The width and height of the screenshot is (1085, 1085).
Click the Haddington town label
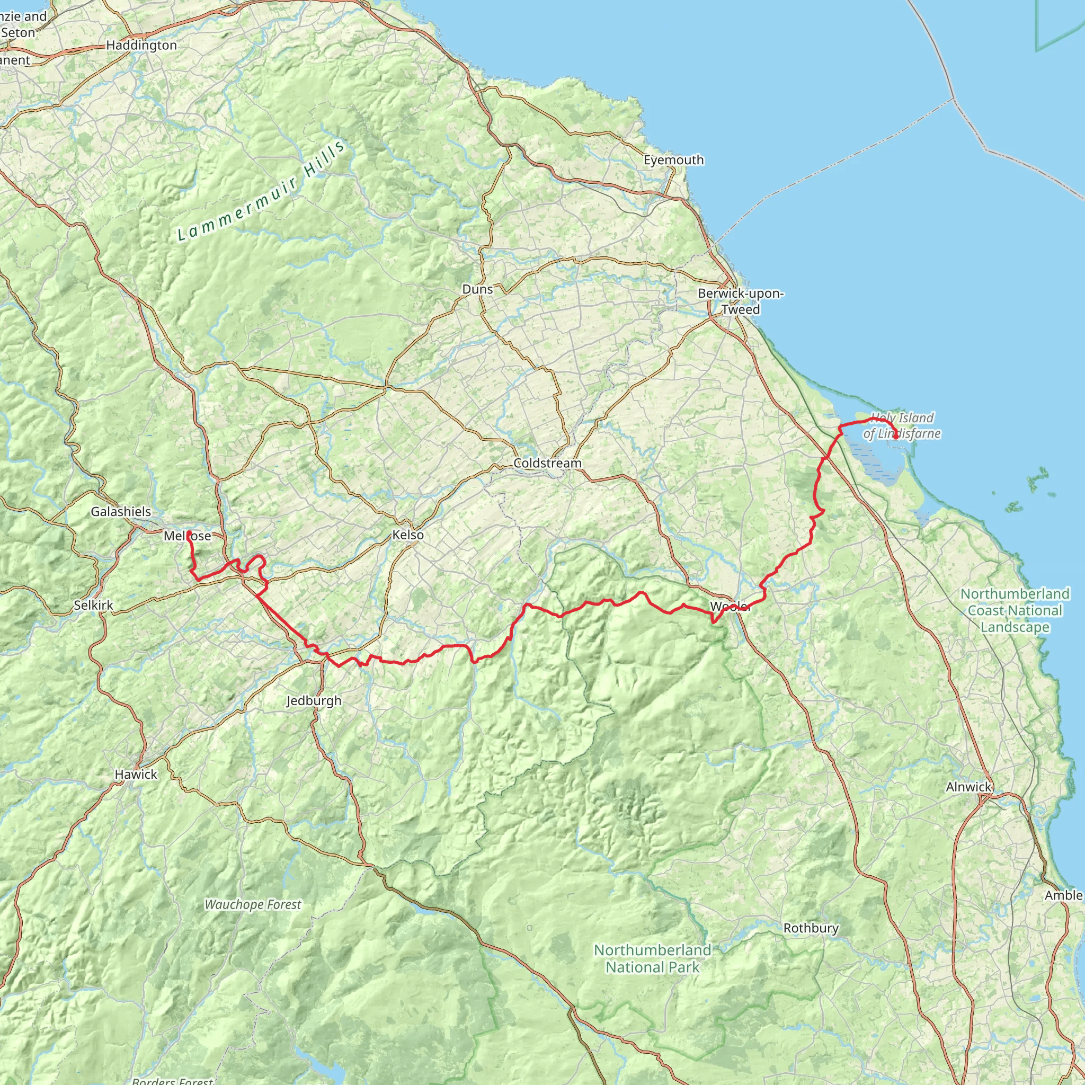click(141, 46)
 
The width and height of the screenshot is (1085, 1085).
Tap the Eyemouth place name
click(673, 160)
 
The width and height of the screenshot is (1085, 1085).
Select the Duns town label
click(477, 289)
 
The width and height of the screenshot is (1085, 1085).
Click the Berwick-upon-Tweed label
click(741, 301)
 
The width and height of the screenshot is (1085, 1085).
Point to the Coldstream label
click(548, 464)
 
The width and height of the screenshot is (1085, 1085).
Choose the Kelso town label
click(408, 535)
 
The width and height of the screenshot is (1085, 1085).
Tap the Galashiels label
click(121, 512)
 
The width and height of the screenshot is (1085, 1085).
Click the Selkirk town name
click(93, 606)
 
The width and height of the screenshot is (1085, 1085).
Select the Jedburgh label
click(314, 701)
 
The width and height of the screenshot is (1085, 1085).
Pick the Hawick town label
click(136, 775)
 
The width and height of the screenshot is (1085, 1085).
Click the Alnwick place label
click(969, 787)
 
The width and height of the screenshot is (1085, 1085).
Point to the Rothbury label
click(811, 928)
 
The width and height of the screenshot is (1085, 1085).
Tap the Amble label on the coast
click(1063, 895)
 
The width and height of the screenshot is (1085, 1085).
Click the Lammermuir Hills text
click(262, 191)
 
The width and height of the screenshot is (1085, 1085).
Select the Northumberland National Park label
click(653, 958)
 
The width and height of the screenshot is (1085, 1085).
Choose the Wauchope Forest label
click(253, 905)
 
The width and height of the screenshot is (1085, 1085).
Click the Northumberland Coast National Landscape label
click(1015, 610)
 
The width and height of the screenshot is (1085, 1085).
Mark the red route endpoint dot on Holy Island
click(896, 437)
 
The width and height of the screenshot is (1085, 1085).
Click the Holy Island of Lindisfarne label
click(902, 426)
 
